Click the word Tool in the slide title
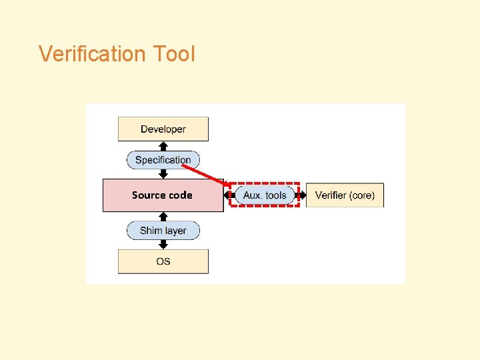(x=173, y=53)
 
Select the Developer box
(x=163, y=129)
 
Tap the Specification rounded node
(x=163, y=160)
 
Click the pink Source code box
(x=163, y=195)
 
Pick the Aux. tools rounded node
(x=265, y=195)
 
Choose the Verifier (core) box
(x=345, y=195)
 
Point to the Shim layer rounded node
(x=163, y=231)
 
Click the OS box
(x=163, y=261)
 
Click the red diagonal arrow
(x=203, y=174)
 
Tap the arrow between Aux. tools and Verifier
(x=301, y=195)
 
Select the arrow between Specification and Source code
(x=163, y=173)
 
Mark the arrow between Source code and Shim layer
(x=163, y=217)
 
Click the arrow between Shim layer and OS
(x=163, y=245)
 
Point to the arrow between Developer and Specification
(x=163, y=146)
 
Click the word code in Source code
(x=179, y=195)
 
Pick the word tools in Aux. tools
(x=275, y=195)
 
